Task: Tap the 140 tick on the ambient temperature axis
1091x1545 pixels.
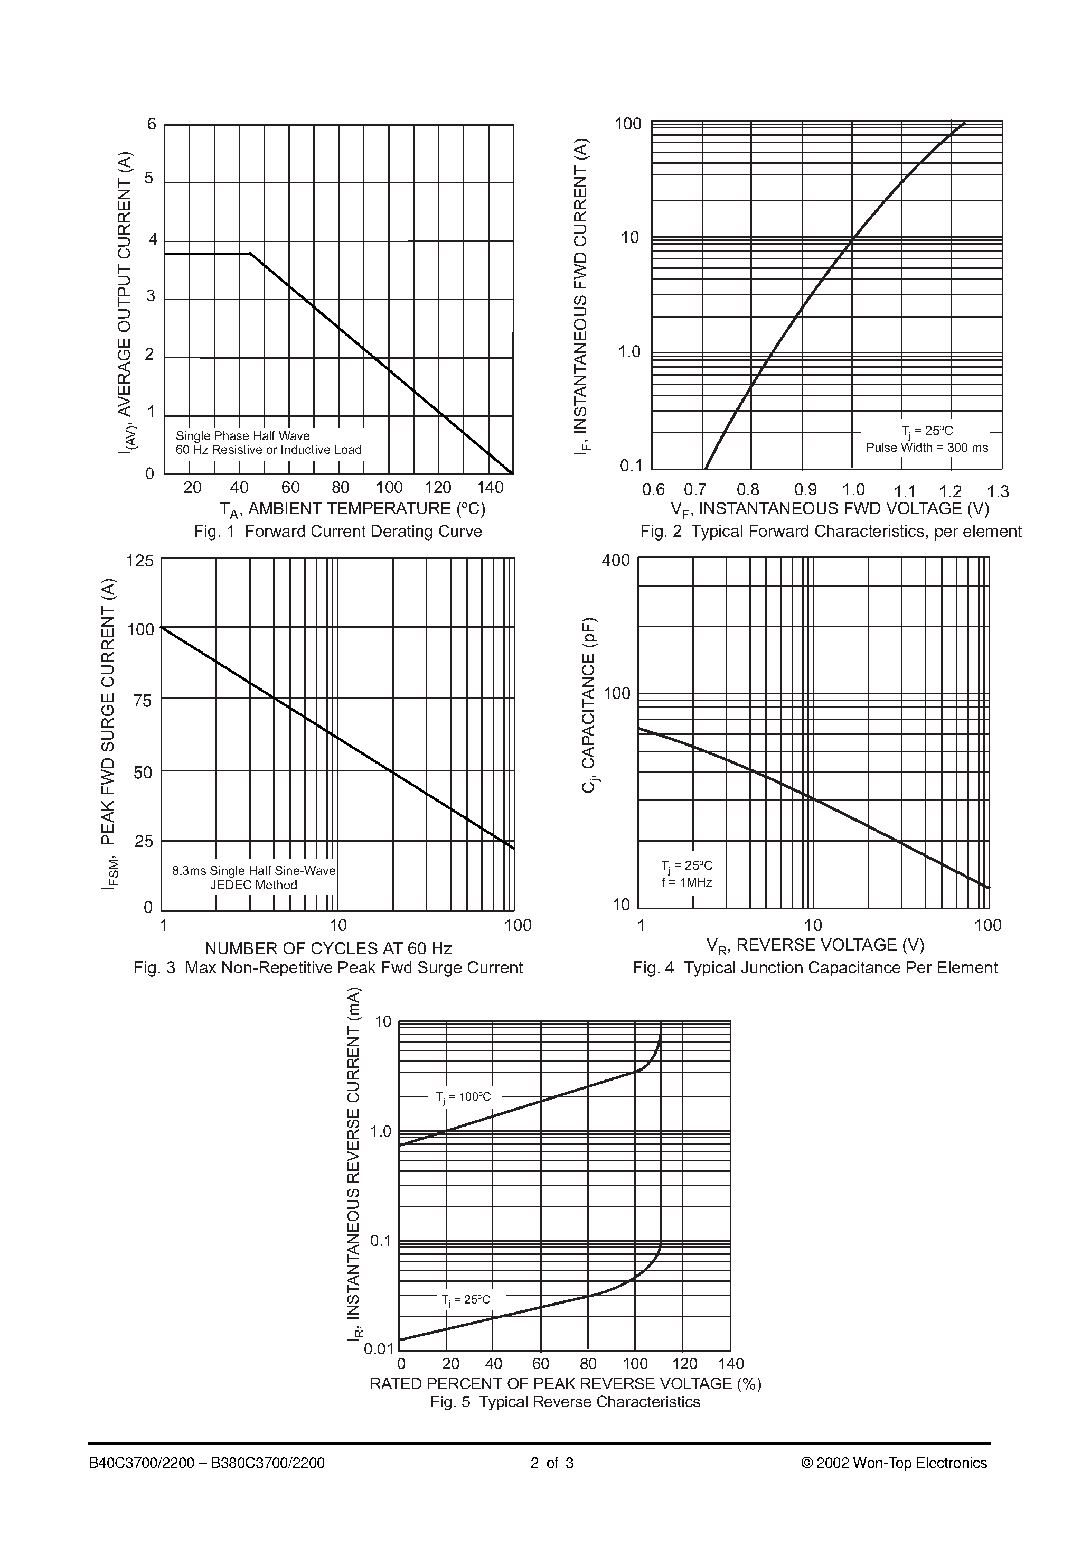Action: tap(490, 487)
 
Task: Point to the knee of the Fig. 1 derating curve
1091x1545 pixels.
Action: tap(250, 254)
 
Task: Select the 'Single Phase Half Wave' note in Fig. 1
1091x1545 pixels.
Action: tap(242, 435)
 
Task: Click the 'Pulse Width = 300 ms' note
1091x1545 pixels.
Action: tap(927, 448)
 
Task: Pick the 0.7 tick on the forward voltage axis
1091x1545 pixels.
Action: tap(695, 490)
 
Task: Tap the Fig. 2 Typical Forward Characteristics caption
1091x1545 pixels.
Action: tap(830, 532)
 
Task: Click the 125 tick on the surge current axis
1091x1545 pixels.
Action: tap(140, 561)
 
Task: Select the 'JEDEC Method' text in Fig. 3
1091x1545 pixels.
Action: tap(253, 885)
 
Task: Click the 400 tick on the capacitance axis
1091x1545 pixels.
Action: tap(615, 560)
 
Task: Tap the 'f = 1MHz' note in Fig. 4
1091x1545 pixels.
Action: tap(686, 882)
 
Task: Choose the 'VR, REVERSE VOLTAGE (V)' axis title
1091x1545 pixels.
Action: tap(815, 945)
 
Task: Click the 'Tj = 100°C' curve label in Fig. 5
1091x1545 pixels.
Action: tap(464, 1097)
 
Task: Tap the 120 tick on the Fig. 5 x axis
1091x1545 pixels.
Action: tap(685, 1363)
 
